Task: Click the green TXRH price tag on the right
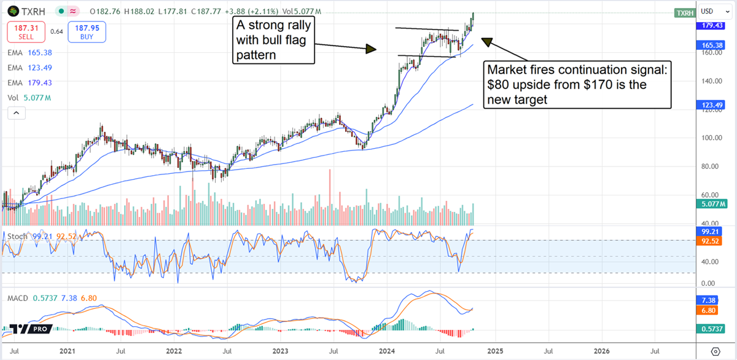coord(684,13)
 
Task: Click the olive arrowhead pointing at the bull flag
coord(370,49)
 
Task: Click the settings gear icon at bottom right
coord(716,351)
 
